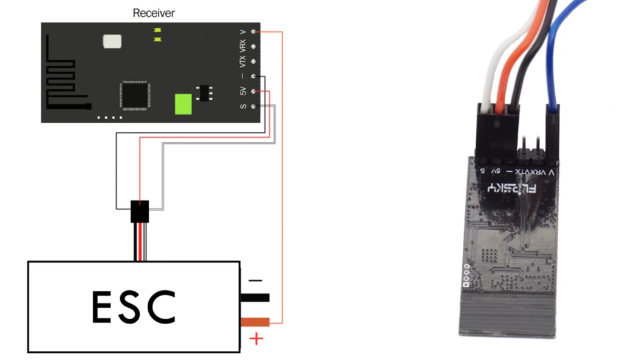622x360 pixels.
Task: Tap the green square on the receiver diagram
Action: [183, 104]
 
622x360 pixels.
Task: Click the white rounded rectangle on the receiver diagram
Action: [112, 41]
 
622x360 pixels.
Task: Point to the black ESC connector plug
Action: [140, 213]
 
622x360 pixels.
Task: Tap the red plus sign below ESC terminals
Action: [257, 338]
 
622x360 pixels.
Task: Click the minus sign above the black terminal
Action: [256, 280]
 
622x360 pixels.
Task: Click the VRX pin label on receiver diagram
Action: [243, 46]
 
